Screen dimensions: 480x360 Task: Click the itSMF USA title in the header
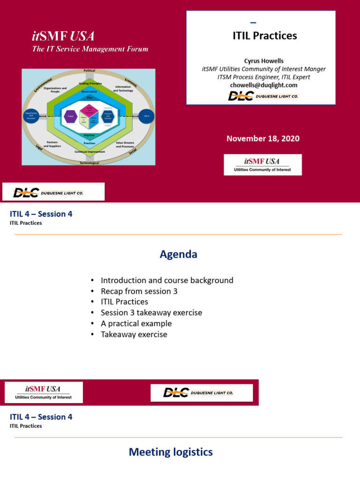tap(63, 36)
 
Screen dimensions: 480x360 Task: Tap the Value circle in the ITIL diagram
tap(146, 116)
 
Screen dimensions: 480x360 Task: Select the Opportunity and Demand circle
tap(31, 116)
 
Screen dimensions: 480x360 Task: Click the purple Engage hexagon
tap(70, 116)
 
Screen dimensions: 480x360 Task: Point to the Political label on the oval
tap(89, 70)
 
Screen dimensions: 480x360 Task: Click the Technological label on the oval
tap(89, 163)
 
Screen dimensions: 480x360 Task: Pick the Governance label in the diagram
tap(89, 91)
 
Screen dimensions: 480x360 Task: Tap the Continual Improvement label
tap(89, 152)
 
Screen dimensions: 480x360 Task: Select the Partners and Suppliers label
tap(52, 144)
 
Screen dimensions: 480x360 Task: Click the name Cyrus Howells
tap(264, 61)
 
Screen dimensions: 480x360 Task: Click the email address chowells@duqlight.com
tap(264, 85)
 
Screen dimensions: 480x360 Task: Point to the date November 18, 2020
tap(263, 138)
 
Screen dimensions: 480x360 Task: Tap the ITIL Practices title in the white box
tap(265, 36)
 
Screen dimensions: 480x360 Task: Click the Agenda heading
tap(179, 255)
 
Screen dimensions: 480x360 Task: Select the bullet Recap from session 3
tap(139, 291)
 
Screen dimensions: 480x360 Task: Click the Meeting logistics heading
tap(171, 452)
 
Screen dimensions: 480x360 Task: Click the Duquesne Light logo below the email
tap(263, 96)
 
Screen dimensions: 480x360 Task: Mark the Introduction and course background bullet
tap(167, 280)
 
